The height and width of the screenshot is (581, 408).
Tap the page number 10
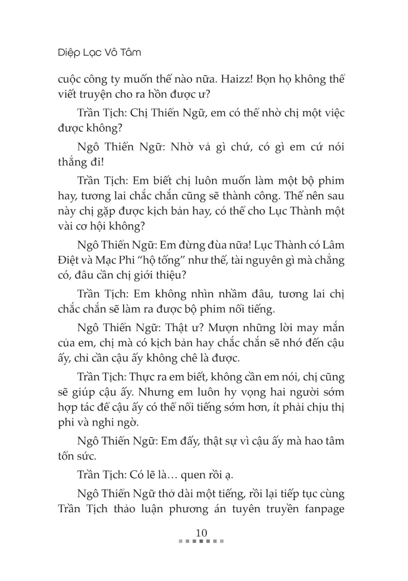(x=201, y=533)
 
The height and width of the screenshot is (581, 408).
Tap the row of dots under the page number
(x=201, y=541)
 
